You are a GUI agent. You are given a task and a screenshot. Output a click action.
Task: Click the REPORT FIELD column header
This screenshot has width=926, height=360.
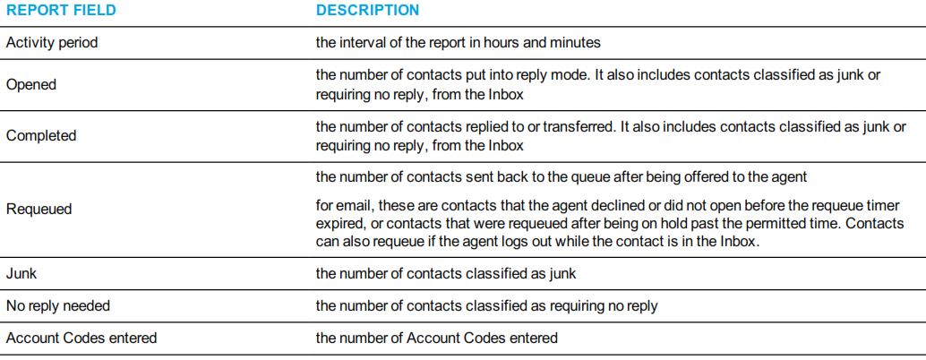pyautogui.click(x=61, y=11)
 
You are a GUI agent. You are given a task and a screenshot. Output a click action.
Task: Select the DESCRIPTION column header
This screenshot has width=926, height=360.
pyautogui.click(x=367, y=11)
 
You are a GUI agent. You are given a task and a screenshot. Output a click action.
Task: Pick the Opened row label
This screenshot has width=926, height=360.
pyautogui.click(x=30, y=85)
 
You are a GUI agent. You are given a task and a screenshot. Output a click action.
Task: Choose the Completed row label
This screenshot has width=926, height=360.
pyautogui.click(x=41, y=136)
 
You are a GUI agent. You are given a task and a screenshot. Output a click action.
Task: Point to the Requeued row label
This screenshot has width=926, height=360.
pyautogui.click(x=39, y=210)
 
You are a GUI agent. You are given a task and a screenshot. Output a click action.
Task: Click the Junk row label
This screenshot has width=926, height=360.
pyautogui.click(x=21, y=274)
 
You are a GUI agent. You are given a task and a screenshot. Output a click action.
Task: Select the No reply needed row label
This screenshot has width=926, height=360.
pyautogui.click(x=58, y=306)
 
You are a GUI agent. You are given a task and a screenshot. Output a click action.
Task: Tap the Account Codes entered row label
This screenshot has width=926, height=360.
pyautogui.click(x=81, y=339)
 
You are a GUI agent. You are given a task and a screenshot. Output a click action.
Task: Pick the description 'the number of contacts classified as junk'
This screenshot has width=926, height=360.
pyautogui.click(x=446, y=274)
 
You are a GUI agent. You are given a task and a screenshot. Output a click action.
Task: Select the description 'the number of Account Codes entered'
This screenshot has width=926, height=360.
pyautogui.click(x=436, y=339)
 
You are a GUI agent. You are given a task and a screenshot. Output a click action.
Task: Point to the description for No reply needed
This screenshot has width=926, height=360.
pyautogui.click(x=486, y=306)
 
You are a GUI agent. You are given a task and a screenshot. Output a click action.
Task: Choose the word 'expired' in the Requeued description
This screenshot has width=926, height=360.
pyautogui.click(x=339, y=224)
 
